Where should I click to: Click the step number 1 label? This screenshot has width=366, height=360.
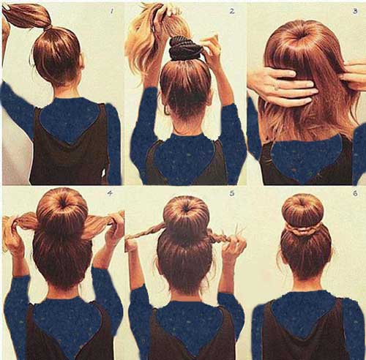(x=112, y=11)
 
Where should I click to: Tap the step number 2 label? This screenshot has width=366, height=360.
(x=232, y=11)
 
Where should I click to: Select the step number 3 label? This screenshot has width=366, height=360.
(x=355, y=11)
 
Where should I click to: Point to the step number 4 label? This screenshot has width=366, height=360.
(x=110, y=193)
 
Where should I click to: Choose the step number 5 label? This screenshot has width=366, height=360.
(x=232, y=193)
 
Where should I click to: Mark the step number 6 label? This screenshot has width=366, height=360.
(x=355, y=193)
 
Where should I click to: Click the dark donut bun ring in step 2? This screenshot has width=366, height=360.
(x=185, y=49)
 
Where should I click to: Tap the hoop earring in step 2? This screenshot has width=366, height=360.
(x=167, y=110)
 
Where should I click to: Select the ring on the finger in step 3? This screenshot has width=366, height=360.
(x=276, y=88)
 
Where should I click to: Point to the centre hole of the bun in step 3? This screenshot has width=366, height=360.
(x=303, y=35)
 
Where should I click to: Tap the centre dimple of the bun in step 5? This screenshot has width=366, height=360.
(x=187, y=209)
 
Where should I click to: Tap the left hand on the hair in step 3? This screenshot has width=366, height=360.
(x=282, y=86)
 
